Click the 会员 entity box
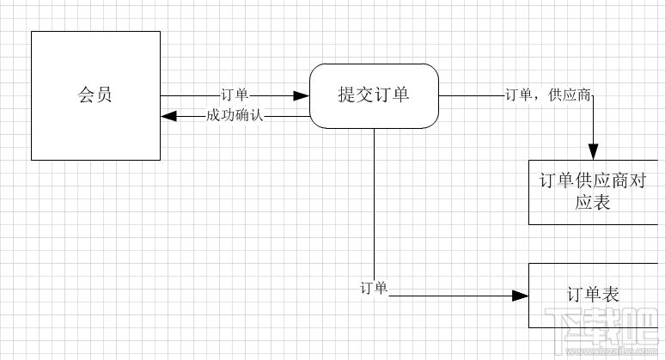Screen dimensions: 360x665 coord(95,95)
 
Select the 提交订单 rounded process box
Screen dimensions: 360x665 coord(374,95)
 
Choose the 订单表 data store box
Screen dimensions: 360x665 coord(594,295)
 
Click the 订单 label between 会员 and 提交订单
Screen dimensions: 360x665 coord(235,95)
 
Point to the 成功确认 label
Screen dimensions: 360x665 coord(235,115)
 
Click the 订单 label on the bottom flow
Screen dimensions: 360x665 coord(375,288)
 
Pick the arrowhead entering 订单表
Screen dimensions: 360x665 coord(519,296)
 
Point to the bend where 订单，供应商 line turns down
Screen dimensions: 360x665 coord(594,95)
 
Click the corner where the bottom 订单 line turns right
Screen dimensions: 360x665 coord(375,296)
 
